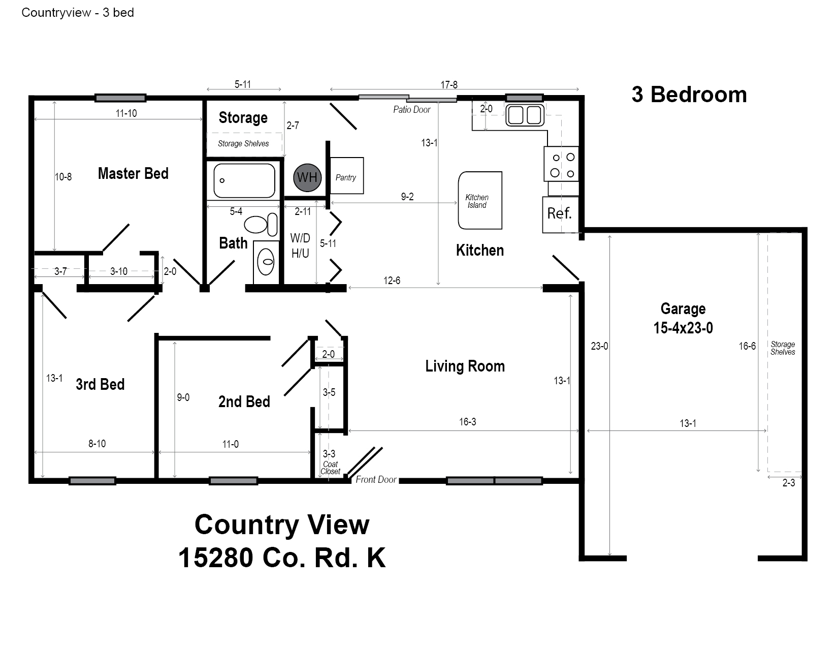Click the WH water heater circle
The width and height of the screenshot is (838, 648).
click(307, 177)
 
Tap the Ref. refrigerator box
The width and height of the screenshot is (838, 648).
click(560, 214)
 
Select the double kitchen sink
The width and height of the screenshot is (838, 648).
click(525, 115)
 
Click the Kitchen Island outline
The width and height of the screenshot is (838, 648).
click(459, 201)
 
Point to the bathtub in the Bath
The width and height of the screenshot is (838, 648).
click(244, 180)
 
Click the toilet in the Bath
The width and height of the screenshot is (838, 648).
click(261, 224)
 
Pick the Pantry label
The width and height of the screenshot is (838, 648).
click(345, 177)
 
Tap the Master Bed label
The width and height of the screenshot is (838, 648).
click(133, 173)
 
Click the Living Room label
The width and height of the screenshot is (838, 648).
click(465, 366)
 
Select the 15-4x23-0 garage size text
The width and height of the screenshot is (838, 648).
click(683, 328)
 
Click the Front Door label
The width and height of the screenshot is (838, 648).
click(376, 479)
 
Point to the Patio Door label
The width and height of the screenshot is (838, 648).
click(411, 110)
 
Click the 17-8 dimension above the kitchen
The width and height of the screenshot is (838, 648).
click(449, 84)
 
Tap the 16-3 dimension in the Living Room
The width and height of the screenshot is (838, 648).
click(467, 421)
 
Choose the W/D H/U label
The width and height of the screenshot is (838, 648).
click(300, 245)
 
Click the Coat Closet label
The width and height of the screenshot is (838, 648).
click(331, 468)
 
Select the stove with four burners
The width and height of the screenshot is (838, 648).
click(561, 164)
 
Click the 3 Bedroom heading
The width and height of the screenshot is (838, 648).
click(689, 95)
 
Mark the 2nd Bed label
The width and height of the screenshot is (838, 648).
click(244, 402)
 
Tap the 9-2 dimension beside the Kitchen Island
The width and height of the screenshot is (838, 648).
click(407, 197)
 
